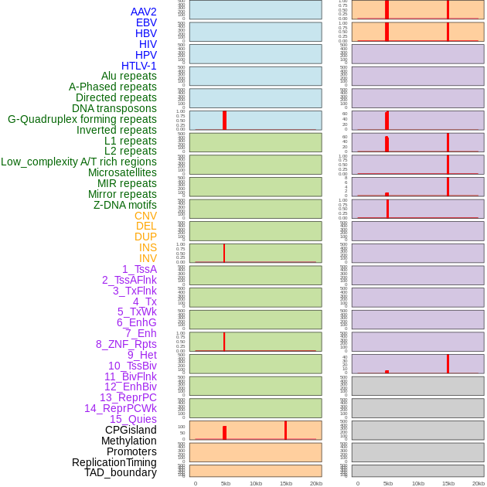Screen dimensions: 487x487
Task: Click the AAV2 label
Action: click(143, 12)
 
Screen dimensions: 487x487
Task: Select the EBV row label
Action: click(146, 22)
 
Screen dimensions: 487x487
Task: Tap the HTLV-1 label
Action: click(138, 66)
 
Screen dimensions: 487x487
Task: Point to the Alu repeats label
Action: click(128, 76)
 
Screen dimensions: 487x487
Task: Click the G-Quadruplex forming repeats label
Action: click(82, 119)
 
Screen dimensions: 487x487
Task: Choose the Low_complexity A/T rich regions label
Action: click(78, 162)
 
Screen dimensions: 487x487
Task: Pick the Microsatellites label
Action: click(122, 172)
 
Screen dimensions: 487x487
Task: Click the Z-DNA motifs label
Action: click(124, 205)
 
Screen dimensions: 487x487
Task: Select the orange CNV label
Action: click(145, 216)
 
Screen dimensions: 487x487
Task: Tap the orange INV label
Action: click(148, 258)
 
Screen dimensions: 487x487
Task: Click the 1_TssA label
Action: click(139, 269)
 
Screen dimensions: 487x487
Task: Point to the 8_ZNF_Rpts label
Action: click(126, 344)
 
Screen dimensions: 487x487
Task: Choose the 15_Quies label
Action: click(133, 419)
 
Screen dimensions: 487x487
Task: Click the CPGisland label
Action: click(131, 430)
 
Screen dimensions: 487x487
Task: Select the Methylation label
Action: click(128, 441)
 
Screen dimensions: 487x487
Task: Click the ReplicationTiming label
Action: click(114, 462)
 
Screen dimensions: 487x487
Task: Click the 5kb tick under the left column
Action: click(225, 483)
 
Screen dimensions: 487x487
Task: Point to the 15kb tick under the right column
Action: click(448, 483)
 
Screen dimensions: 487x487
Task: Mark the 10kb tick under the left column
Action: click(255, 483)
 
